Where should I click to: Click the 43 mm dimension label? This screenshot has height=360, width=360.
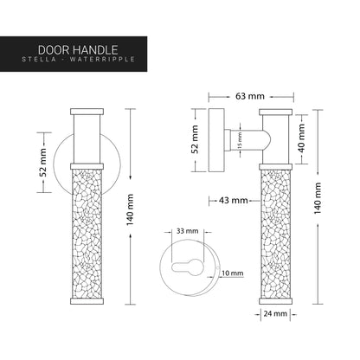[x=233, y=201]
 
